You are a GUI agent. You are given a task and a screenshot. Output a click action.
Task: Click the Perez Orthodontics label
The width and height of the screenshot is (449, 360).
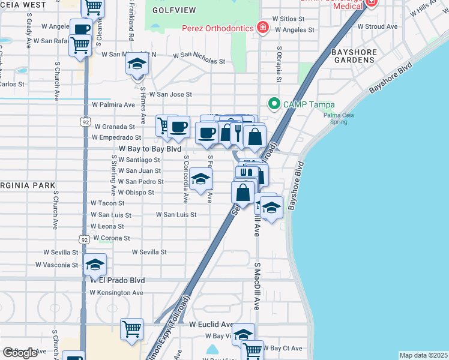(x=217, y=28)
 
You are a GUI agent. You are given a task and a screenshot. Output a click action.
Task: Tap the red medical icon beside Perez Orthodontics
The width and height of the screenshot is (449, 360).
(x=262, y=28)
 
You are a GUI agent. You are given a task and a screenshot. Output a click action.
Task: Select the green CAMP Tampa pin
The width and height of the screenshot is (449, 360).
(x=274, y=104)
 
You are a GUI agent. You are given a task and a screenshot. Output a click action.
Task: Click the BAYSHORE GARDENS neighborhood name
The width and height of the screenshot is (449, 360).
(x=354, y=56)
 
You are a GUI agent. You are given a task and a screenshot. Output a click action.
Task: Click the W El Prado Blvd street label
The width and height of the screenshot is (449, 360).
(x=118, y=280)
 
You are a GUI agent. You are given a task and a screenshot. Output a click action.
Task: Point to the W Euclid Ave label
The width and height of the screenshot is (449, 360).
(x=211, y=324)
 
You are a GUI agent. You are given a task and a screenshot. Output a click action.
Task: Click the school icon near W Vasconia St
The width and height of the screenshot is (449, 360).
(x=95, y=264)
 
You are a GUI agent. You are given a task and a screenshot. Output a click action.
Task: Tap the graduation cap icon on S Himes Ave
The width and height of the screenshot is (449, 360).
(x=137, y=64)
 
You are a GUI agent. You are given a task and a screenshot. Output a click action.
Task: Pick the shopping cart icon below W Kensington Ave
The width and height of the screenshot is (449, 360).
(x=131, y=329)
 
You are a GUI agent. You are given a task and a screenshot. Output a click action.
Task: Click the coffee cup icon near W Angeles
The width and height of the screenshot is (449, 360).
(x=81, y=29)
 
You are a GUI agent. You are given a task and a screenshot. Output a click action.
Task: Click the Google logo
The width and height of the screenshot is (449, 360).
(x=20, y=353)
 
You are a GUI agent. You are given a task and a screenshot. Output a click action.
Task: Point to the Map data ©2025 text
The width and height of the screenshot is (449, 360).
(x=423, y=355)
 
